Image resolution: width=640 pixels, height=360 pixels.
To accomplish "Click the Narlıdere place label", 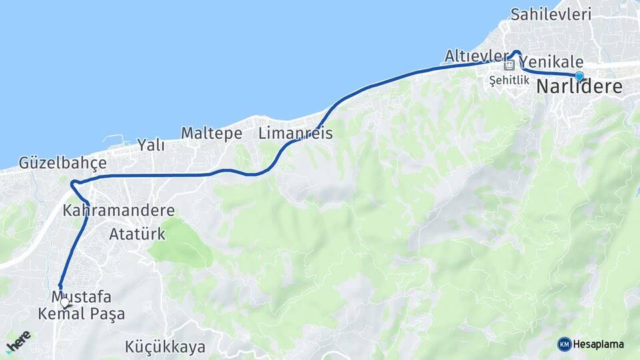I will pyautogui.click(x=579, y=87).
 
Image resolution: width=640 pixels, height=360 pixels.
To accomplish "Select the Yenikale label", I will pyautogui.click(x=555, y=60).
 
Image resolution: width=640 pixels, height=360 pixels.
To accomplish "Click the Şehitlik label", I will pyautogui.click(x=509, y=80).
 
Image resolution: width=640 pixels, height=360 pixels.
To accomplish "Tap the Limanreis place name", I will pyautogui.click(x=295, y=133).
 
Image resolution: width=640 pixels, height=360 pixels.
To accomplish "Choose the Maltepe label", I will pyautogui.click(x=211, y=133).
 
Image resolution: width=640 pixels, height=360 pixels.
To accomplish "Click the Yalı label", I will pyautogui.click(x=151, y=145).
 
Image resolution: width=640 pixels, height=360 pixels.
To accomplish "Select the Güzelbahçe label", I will pyautogui.click(x=63, y=162).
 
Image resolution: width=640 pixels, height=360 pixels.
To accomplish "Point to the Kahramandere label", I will pyautogui.click(x=119, y=211).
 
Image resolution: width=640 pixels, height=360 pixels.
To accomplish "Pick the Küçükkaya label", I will pyautogui.click(x=165, y=347).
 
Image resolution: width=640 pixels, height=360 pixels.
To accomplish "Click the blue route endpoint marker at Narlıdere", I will pyautogui.click(x=579, y=76).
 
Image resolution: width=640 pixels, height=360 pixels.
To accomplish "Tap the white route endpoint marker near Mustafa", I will pyautogui.click(x=65, y=302).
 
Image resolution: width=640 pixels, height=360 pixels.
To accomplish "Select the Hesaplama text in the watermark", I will pyautogui.click(x=599, y=344).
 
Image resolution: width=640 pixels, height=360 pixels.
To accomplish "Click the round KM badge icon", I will pyautogui.click(x=565, y=344).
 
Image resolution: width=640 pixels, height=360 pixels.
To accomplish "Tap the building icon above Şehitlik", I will pyautogui.click(x=509, y=65).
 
